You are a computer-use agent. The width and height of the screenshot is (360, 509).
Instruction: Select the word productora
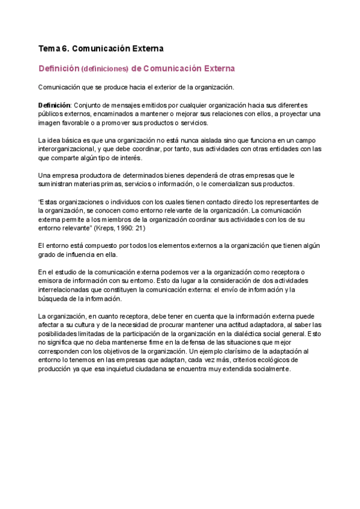pyautogui.click(x=85, y=175)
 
